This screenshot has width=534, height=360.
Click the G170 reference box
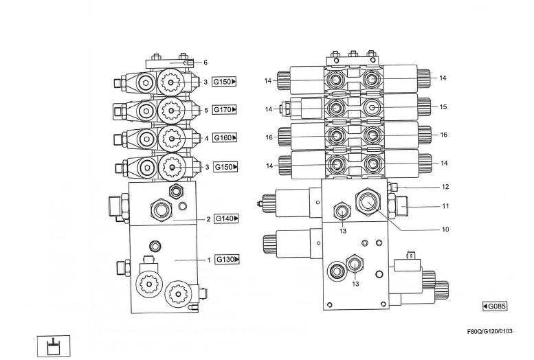tap(225, 110)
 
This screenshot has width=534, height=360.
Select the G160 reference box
tap(225, 138)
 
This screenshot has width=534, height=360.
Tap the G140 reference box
tap(226, 219)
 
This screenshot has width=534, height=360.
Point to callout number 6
tap(205, 63)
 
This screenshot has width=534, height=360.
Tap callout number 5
tap(205, 110)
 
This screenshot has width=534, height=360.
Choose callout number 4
tap(205, 138)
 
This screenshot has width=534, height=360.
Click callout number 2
tap(208, 220)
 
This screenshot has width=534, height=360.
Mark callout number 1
tap(208, 260)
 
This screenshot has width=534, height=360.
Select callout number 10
tap(445, 230)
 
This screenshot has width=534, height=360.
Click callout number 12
tap(445, 187)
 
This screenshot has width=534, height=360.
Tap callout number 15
tap(443, 106)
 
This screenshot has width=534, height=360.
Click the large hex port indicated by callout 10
tap(366, 201)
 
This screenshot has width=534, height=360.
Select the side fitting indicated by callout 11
tap(400, 205)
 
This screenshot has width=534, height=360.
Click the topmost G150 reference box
tap(225, 82)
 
